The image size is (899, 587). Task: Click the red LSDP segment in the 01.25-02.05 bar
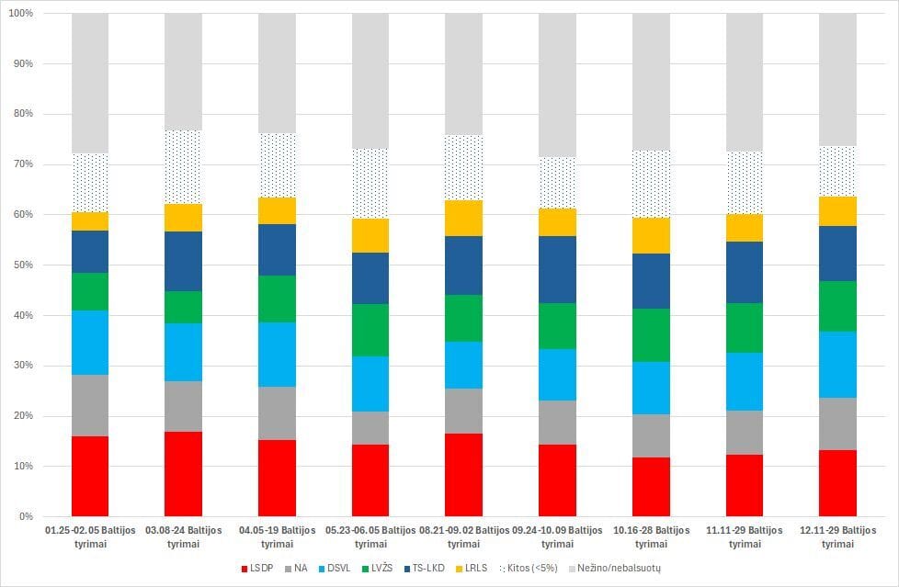click(90, 476)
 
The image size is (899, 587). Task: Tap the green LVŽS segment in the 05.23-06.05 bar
click(370, 330)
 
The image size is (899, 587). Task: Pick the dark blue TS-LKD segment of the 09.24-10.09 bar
click(556, 269)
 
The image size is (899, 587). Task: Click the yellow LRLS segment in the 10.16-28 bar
click(650, 235)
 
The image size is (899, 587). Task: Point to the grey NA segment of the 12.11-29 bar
click(836, 423)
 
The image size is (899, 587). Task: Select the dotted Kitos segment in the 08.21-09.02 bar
click(463, 167)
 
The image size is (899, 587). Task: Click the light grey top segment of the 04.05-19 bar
click(276, 73)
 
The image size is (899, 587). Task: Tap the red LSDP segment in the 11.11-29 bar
click(743, 485)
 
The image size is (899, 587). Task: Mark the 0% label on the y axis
click(26, 517)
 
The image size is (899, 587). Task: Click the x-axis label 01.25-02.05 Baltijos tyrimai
click(90, 536)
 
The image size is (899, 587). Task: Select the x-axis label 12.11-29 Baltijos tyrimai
click(836, 536)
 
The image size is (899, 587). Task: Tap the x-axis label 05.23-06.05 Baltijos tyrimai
click(370, 536)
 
